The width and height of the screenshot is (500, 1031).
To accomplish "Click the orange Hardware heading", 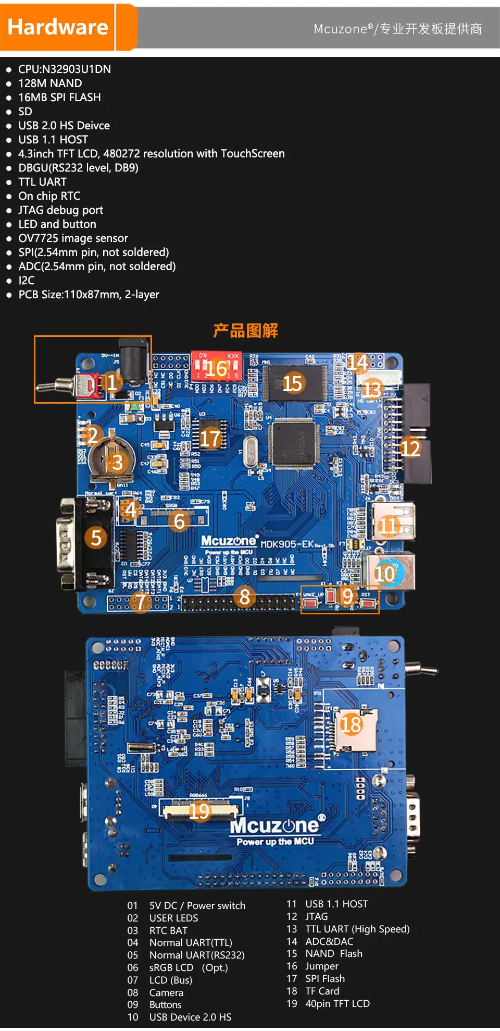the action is pos(58,27).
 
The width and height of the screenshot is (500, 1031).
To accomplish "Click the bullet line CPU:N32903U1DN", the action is pos(64,69).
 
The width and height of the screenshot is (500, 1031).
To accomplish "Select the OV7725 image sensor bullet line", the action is pos(73,238).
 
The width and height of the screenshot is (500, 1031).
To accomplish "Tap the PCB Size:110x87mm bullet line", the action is pos(89,295).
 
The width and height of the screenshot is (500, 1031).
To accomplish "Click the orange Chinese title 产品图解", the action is pos(245,331).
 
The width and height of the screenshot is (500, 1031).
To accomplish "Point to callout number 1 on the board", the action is pos(111,382).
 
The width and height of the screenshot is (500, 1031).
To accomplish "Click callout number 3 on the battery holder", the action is pos(118,462).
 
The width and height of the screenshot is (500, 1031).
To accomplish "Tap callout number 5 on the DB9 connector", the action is pos(96,538).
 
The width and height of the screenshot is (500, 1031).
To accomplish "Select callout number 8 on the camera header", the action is pos(244,597).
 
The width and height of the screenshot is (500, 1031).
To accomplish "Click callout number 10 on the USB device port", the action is pos(385,574).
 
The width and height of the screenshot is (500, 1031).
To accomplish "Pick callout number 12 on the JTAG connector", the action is pos(410,448).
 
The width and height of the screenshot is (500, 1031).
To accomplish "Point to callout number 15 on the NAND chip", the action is pos(292,384).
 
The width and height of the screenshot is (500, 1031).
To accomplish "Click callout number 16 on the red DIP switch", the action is pos(217,369).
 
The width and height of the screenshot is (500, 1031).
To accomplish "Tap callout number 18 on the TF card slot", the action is pos(351,724).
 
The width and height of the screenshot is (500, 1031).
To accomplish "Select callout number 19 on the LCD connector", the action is pos(199,811).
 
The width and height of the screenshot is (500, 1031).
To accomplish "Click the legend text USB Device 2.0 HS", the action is pos(190,1017).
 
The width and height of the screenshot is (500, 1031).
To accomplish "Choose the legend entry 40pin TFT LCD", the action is pos(337,1004).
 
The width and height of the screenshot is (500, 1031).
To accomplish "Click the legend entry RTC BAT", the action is pos(168,931).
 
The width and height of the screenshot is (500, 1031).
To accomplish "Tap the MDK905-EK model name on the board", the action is pos(287,544).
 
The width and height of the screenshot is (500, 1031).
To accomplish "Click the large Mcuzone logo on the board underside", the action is pos(274,826).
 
